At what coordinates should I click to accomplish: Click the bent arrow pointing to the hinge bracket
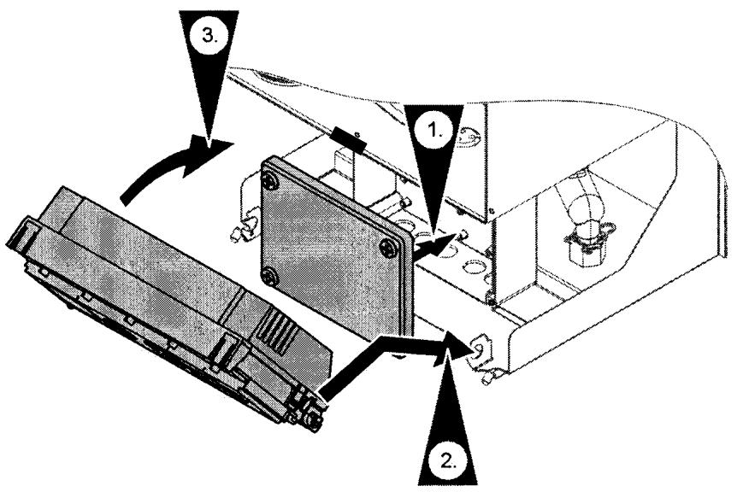393,359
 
